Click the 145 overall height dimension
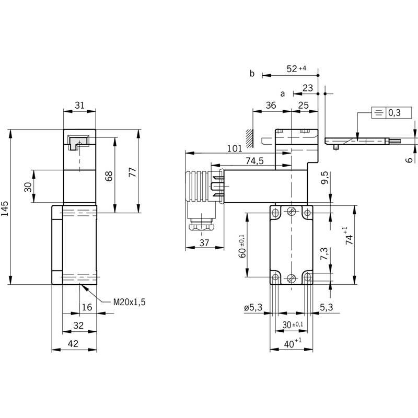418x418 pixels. (5, 208)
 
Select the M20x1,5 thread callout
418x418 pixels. (130, 302)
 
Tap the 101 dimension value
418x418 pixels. (235, 148)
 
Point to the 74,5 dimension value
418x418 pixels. (254, 161)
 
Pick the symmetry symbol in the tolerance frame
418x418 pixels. (378, 113)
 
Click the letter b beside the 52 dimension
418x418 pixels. (252, 73)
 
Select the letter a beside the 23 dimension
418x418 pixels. (283, 94)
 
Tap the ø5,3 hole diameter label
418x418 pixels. (253, 308)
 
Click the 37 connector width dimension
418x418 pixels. (204, 243)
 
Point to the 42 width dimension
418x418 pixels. (73, 344)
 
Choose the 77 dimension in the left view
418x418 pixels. (133, 172)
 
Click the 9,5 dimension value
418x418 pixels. (324, 178)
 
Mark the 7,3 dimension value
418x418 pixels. (324, 254)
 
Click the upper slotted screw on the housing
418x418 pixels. (292, 212)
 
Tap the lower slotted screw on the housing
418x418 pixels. (292, 278)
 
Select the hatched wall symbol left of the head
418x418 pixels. (250, 138)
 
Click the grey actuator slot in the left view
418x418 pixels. (78, 142)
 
